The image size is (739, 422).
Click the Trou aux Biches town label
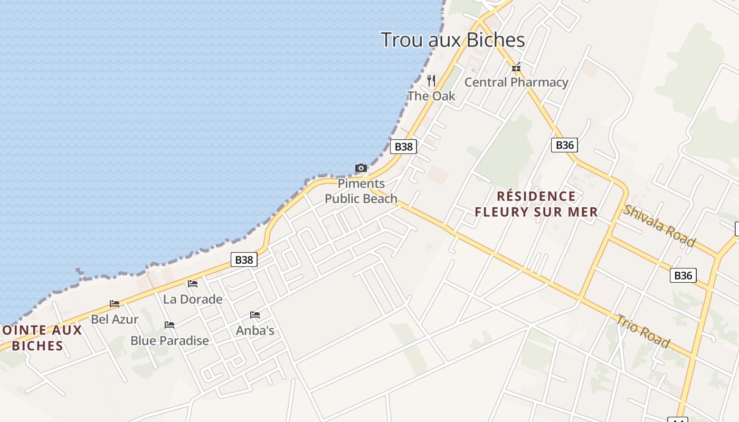pos(452,40)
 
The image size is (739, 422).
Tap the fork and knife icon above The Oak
pos(431,80)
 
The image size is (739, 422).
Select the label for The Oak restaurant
pos(431,96)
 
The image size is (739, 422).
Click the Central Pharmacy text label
pos(516,82)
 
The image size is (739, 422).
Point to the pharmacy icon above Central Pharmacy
pos(516,68)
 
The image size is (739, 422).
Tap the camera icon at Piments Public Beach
pos(361,168)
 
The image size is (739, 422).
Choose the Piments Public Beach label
pos(361,191)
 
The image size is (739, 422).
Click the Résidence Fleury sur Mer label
pos(536,204)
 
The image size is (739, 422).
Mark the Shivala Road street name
pos(658,225)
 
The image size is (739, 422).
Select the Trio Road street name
pos(642,331)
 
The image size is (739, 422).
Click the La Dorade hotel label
pos(193,299)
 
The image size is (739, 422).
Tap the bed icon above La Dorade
pos(193,284)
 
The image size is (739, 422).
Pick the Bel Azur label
pos(115,319)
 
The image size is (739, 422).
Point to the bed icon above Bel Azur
pos(115,304)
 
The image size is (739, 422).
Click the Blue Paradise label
pos(169,341)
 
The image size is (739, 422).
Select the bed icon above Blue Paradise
pos(169,325)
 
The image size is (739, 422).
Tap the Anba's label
pos(255,331)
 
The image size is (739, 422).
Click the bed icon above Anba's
pos(255,315)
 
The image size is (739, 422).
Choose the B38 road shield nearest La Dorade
pos(244,260)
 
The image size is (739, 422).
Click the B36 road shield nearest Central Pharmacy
pos(564,145)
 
